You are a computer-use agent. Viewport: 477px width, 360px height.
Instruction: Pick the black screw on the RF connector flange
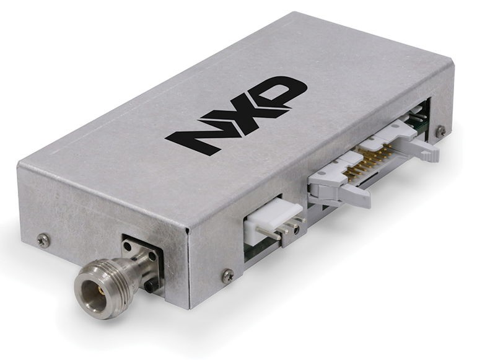pyautogui.click(x=151, y=286)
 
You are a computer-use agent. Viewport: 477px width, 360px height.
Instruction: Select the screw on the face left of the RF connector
pyautogui.click(x=43, y=240)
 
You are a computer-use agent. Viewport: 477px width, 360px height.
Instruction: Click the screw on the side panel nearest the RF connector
pyautogui.click(x=227, y=273)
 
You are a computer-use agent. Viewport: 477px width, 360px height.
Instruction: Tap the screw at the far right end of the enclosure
pyautogui.click(x=440, y=131)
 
